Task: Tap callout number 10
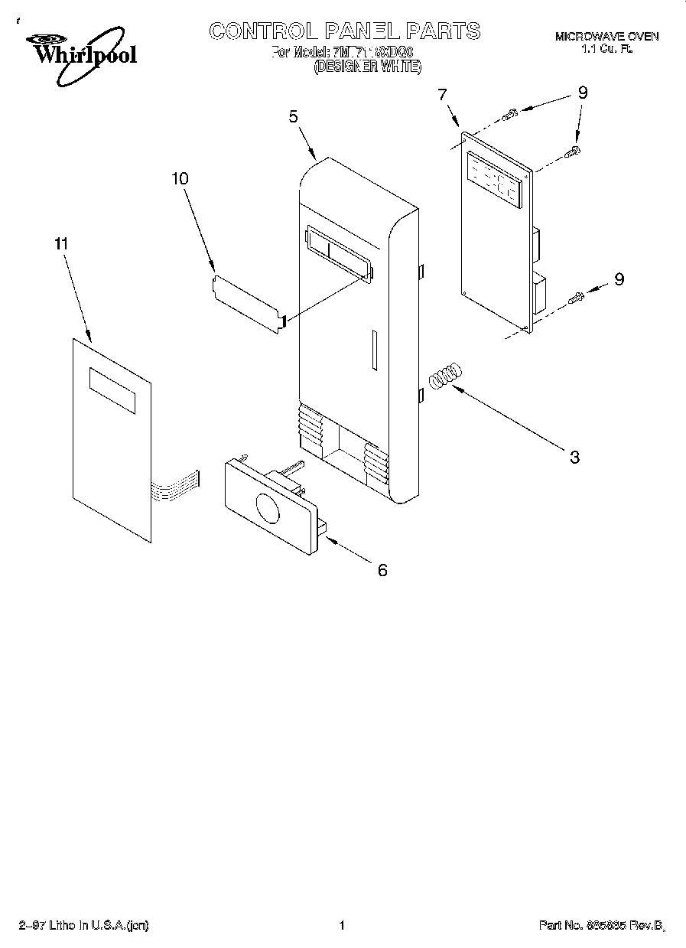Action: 180,178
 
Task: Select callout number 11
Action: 61,244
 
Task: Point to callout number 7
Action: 442,94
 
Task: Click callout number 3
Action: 574,458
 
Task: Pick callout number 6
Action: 382,570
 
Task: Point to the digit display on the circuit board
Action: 493,181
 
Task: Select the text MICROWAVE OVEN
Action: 606,37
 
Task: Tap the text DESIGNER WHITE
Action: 367,67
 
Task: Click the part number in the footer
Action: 600,926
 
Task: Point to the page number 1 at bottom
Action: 342,926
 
